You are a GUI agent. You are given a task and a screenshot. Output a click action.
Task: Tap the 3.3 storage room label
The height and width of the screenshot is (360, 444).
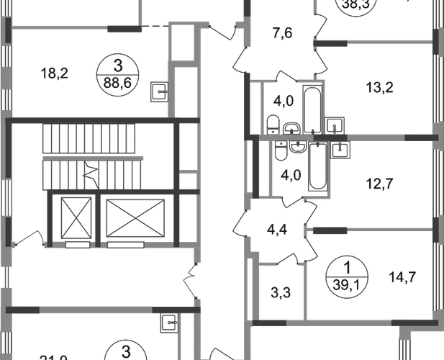click(x=276, y=294)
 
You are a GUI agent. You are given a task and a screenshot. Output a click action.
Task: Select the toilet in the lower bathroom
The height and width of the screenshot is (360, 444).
click(x=283, y=151)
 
